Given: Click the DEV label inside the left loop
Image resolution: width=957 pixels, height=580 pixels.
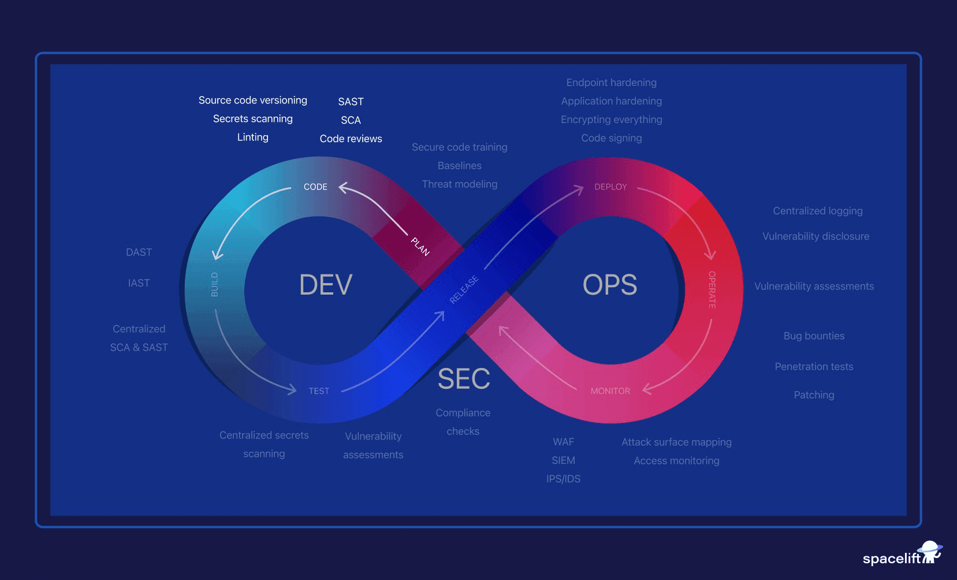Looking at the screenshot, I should pyautogui.click(x=326, y=285).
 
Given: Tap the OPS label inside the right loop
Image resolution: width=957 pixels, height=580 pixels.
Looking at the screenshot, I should pyautogui.click(x=610, y=285).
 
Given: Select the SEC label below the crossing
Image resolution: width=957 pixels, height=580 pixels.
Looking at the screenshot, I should pyautogui.click(x=464, y=379).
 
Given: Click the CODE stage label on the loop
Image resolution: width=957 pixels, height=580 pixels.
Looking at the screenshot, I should pyautogui.click(x=315, y=187).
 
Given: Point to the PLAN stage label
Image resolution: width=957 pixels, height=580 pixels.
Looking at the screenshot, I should pyautogui.click(x=420, y=247).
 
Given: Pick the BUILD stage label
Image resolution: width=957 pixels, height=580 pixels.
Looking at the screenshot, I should pyautogui.click(x=214, y=284).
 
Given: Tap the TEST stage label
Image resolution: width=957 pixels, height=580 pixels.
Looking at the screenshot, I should pyautogui.click(x=319, y=391).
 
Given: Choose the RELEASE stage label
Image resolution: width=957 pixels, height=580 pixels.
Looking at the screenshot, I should pyautogui.click(x=464, y=289).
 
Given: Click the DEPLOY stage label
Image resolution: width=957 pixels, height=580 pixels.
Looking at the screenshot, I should pyautogui.click(x=610, y=187).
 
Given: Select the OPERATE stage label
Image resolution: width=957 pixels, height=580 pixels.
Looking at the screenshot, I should pyautogui.click(x=712, y=289).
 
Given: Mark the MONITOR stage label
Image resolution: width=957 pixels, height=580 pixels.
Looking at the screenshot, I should pyautogui.click(x=610, y=391).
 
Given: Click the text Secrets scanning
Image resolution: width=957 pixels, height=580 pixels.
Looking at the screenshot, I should pyautogui.click(x=253, y=118).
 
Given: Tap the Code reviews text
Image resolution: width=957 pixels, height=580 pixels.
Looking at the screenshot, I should pyautogui.click(x=351, y=139).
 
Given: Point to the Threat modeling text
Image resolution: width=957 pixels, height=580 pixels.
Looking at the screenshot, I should pyautogui.click(x=460, y=184).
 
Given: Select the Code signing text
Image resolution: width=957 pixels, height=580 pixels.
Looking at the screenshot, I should pyautogui.click(x=612, y=138).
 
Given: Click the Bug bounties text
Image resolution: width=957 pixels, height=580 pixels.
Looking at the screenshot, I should pyautogui.click(x=814, y=336).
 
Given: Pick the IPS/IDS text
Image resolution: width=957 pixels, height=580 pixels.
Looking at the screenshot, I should pyautogui.click(x=563, y=479).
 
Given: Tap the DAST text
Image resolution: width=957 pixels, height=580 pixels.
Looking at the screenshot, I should pyautogui.click(x=139, y=252).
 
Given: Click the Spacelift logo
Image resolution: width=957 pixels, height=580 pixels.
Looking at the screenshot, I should pyautogui.click(x=902, y=555).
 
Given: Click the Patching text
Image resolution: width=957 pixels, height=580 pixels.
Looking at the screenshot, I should pyautogui.click(x=814, y=395).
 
